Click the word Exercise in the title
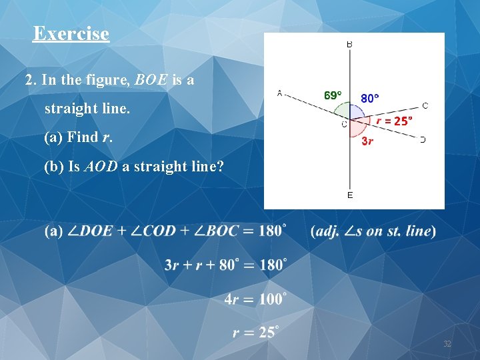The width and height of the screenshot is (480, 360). (71, 33)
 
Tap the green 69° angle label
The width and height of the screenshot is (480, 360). (333, 95)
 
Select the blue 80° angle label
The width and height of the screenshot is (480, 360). (369, 98)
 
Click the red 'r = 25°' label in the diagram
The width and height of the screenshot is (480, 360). (394, 121)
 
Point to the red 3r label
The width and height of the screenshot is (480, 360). (367, 141)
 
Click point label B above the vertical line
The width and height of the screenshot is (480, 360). (349, 44)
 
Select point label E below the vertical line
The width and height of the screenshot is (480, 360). (350, 195)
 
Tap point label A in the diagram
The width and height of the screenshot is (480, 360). (279, 93)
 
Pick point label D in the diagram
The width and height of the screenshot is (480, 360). (423, 139)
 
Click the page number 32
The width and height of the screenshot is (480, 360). (447, 344)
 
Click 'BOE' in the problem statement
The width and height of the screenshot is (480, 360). (152, 81)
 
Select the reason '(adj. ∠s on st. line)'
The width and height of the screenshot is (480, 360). (373, 231)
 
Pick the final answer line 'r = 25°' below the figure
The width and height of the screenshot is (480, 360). (255, 331)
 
